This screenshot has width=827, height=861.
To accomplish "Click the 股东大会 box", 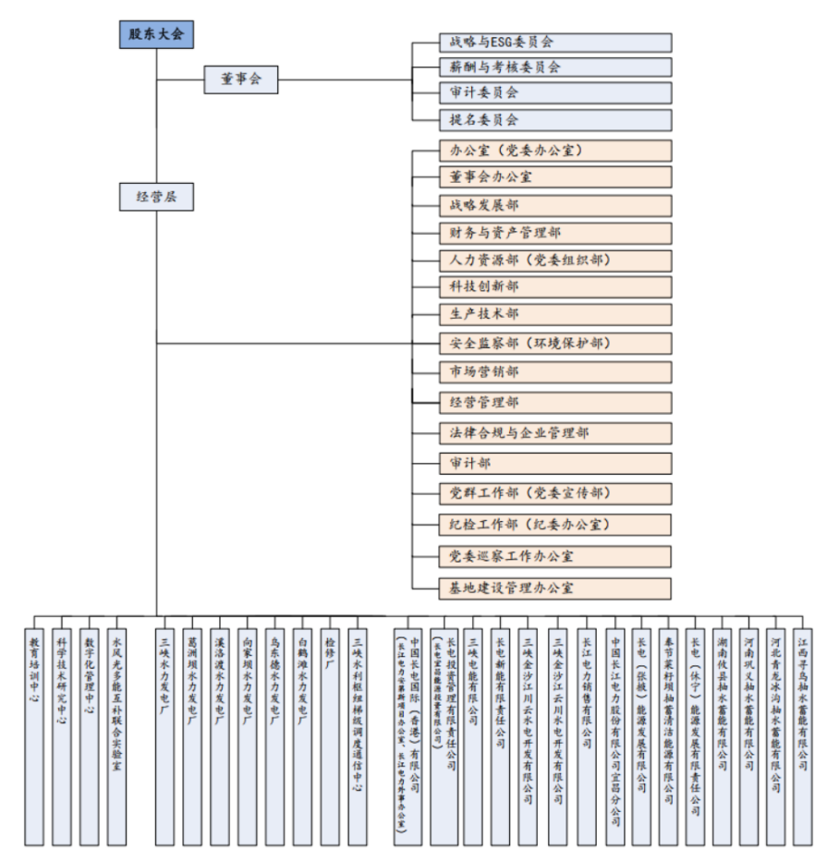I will click(x=156, y=35).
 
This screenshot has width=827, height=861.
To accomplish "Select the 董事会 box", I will click(x=240, y=79).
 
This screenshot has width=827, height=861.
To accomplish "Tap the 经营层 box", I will click(x=156, y=197).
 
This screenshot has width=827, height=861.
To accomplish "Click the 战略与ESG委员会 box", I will click(x=555, y=42).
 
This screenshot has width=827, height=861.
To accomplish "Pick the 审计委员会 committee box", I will click(x=555, y=92).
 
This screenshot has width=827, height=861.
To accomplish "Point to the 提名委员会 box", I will click(x=555, y=120).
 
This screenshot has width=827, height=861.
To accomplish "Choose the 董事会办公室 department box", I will click(x=555, y=176).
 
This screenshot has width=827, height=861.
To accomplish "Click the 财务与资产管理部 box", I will click(x=555, y=233).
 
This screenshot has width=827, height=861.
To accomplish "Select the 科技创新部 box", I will click(x=555, y=287).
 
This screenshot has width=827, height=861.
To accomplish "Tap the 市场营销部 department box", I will click(x=555, y=371).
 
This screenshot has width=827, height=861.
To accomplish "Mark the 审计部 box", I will click(x=555, y=463).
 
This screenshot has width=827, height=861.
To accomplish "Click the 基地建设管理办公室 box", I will click(x=555, y=588).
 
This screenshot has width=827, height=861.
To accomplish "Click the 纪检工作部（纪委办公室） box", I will click(x=555, y=525).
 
